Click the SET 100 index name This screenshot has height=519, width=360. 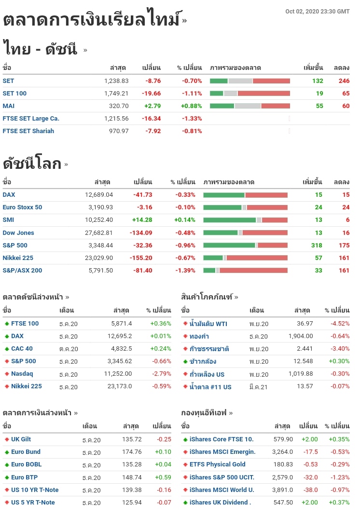point(14,93)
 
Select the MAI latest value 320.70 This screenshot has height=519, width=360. point(119,106)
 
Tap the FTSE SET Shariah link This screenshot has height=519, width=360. point(28,131)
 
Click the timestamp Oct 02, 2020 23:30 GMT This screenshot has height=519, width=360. point(317,12)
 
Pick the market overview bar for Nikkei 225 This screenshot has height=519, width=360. point(245,258)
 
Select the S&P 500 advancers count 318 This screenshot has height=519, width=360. point(317,245)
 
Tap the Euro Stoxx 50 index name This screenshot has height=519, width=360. point(22,207)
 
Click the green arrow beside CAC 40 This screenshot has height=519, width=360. point(7,349)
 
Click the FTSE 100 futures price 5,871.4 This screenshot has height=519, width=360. point(121,323)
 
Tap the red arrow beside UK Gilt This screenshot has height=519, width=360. point(7,439)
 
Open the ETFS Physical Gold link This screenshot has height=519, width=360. point(217,464)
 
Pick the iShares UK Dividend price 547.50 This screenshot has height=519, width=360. point(283,502)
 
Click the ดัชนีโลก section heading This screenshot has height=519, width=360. point(32,164)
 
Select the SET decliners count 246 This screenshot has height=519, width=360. point(344,81)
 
